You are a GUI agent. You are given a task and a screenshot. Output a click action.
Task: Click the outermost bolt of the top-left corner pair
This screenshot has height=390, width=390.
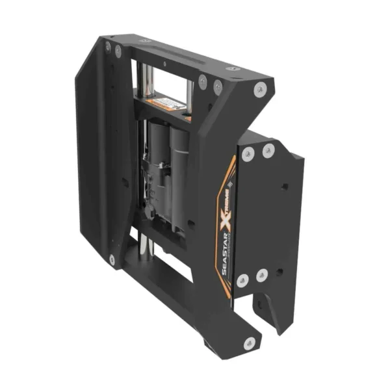click(108, 45)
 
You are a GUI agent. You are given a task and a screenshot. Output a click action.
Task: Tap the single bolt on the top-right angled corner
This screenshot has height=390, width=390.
click(260, 91)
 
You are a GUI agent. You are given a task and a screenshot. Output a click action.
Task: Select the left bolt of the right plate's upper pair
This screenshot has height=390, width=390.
click(248, 155)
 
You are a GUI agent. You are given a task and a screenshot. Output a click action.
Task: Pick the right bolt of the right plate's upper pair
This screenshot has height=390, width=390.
click(268, 151)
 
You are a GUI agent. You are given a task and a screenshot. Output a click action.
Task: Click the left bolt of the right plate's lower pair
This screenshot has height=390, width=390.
click(242, 280)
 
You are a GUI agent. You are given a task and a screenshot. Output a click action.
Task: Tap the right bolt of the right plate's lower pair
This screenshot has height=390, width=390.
click(263, 276)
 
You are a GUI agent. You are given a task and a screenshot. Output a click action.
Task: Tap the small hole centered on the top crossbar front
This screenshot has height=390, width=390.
click(166, 64)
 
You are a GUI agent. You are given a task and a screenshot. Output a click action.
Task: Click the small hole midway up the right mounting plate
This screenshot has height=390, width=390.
click(284, 187)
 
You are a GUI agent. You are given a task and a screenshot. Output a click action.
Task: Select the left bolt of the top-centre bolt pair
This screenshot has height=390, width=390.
click(203, 80)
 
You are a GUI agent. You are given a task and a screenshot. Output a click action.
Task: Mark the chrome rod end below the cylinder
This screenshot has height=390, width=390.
click(146, 244)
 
